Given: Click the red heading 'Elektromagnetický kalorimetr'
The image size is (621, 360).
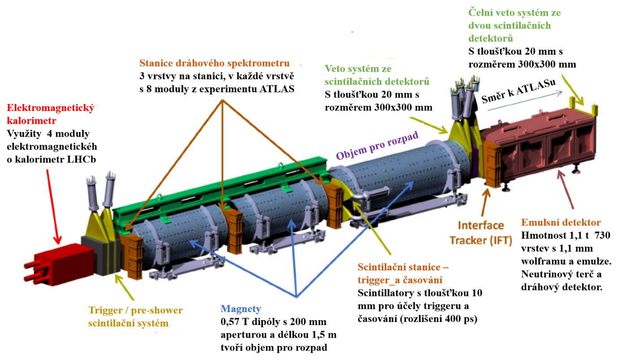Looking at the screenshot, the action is coord(51,114).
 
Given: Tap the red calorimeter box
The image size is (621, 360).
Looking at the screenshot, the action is coord(60,263).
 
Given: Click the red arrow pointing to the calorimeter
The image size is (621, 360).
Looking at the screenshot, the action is coord(53,207).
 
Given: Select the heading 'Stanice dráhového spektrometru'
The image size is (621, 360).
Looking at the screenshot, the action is coord(214,63).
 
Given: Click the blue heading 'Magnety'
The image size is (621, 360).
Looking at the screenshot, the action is coord(241,309).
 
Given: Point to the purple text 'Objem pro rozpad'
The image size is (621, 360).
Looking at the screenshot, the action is coord(377,145).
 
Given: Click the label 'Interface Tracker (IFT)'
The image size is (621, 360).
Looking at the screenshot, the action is coord(481,233).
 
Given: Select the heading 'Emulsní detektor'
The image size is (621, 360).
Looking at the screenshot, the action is coord(561,222).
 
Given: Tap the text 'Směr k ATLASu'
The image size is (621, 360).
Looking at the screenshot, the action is coord(518,91).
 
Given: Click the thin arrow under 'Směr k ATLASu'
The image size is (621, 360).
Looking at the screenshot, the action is coord(525,101).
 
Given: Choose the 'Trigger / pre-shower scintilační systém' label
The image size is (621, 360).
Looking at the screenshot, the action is coord(135,317).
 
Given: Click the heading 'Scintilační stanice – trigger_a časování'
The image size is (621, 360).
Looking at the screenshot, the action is coord(403,274).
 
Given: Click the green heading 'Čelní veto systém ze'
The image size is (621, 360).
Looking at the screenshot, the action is coord(514,13).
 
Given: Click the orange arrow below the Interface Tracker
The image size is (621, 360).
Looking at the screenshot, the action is coord(485,202).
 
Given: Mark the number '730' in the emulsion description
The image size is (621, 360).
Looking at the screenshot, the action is coord(602,235).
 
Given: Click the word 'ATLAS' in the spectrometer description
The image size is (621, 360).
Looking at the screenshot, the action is coord(277,89).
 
